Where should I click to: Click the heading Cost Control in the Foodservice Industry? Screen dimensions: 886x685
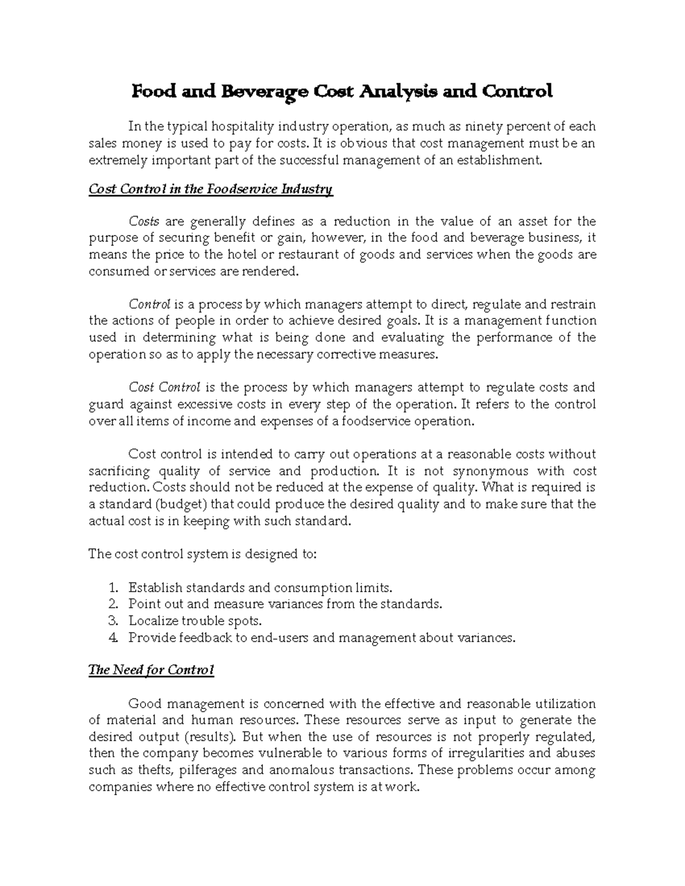tap(211, 189)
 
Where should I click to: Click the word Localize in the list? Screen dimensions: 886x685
tap(152, 621)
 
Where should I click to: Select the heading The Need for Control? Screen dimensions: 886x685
tap(151, 670)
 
